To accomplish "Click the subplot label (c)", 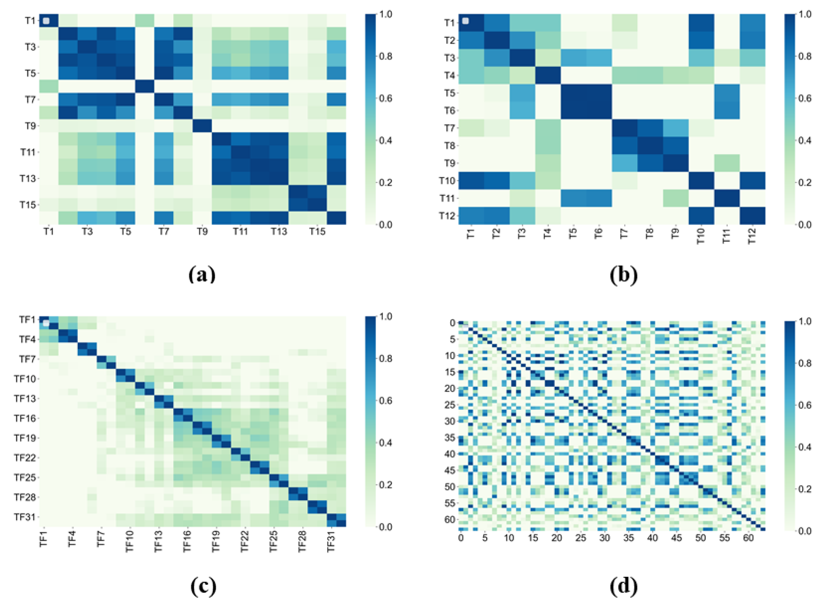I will click(203, 586).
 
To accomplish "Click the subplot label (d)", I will click(623, 586).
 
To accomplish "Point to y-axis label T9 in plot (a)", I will click(30, 126).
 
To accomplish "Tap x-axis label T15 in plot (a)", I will click(317, 232).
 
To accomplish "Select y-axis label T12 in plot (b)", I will click(446, 216).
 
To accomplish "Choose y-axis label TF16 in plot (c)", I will click(25, 418).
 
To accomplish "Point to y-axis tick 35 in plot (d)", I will click(451, 437).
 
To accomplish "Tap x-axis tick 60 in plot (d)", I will click(749, 538).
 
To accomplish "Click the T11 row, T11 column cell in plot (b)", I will click(727, 198).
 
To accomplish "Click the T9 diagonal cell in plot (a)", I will click(202, 126).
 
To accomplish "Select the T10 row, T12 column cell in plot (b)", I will click(752, 180).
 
